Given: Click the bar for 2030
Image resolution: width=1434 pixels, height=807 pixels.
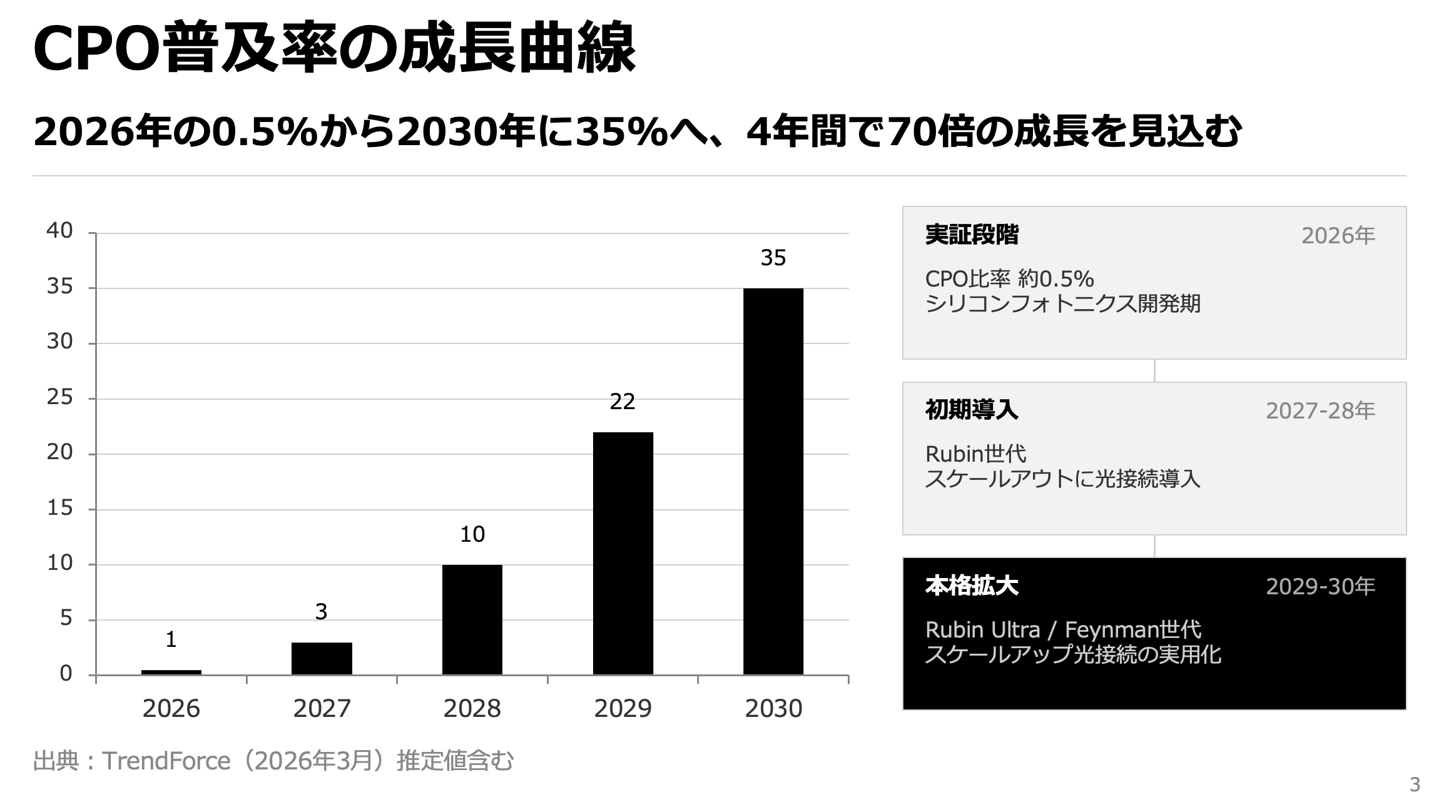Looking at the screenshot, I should [x=773, y=482].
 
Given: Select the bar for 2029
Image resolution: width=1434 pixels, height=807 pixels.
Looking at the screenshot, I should [x=623, y=554].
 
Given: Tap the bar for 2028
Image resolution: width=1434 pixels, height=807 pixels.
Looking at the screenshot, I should [x=472, y=619].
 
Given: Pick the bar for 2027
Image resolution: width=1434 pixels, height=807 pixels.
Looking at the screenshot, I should [x=322, y=658].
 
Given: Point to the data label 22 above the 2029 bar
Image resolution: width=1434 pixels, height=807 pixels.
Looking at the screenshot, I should [x=623, y=402].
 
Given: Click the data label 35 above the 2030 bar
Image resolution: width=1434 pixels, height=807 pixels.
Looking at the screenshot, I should [x=773, y=258].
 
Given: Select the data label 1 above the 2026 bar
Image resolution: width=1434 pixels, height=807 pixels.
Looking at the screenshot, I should [x=171, y=639].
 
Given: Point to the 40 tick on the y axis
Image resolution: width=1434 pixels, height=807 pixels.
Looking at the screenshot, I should [x=59, y=231].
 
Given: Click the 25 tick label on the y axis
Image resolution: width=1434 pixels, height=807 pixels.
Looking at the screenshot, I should [x=59, y=397].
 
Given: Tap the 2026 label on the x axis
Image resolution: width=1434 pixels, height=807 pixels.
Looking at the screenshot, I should [x=171, y=709].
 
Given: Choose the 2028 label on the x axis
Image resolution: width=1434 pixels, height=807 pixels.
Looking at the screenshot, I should [x=472, y=709].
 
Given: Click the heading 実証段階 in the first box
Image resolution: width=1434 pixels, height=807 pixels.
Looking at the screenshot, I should [x=972, y=235].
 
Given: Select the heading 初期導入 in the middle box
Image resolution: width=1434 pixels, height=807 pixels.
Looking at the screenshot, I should [x=972, y=410].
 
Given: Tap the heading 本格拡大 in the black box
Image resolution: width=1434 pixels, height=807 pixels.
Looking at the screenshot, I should [x=972, y=586].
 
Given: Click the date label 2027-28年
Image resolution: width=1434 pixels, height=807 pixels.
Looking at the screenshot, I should [x=1320, y=411].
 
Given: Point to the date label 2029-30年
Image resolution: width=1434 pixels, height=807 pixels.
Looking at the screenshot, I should [x=1320, y=587].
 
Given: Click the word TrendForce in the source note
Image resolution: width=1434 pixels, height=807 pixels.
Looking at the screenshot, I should [x=166, y=761].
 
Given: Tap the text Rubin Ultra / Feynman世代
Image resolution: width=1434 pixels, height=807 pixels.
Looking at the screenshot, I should [x=1063, y=629].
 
